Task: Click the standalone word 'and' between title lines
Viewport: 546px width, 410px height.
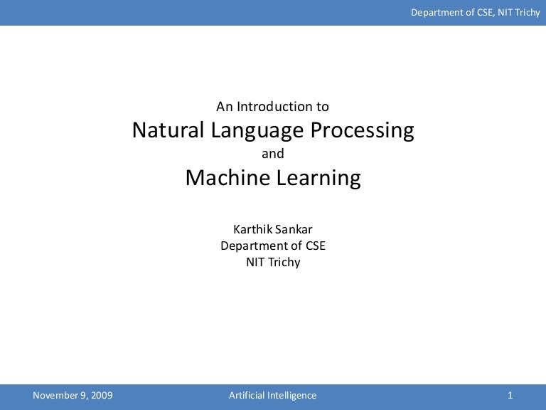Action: pyautogui.click(x=273, y=154)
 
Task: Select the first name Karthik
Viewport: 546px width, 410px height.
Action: pyautogui.click(x=252, y=229)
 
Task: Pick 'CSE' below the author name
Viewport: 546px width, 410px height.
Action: pyautogui.click(x=314, y=246)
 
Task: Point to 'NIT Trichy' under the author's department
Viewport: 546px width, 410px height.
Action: pyautogui.click(x=273, y=262)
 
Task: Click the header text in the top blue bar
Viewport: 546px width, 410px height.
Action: pyautogui.click(x=475, y=12)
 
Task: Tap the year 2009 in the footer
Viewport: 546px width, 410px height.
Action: pyautogui.click(x=100, y=396)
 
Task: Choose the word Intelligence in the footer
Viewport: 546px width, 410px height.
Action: pyautogui.click(x=293, y=396)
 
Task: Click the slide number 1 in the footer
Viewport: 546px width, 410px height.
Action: pyautogui.click(x=510, y=396)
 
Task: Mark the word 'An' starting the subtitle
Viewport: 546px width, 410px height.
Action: pyautogui.click(x=225, y=107)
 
